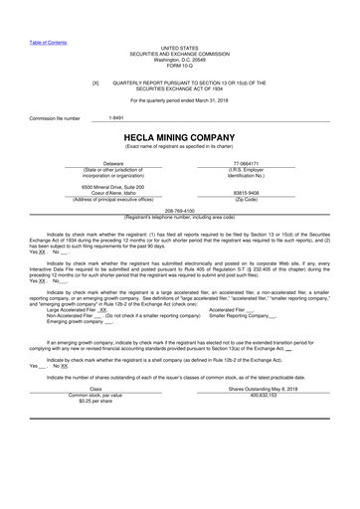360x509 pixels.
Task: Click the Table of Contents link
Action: pyautogui.click(x=48, y=42)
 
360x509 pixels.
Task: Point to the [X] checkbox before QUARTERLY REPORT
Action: pyautogui.click(x=95, y=84)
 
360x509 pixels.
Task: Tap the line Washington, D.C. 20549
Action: pyautogui.click(x=179, y=60)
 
